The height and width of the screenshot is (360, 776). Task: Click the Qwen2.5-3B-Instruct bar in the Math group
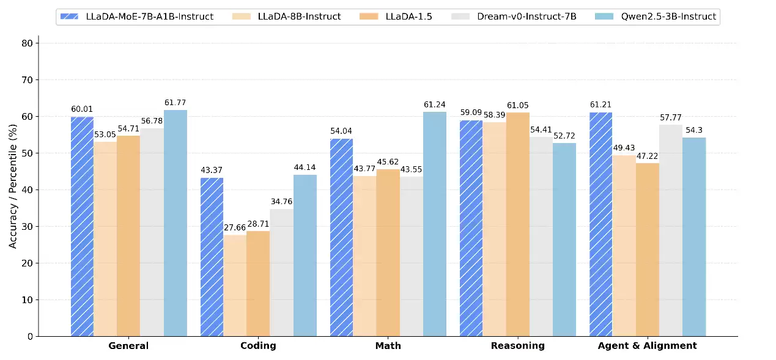click(x=435, y=224)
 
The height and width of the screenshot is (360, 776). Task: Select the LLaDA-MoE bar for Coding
click(x=212, y=257)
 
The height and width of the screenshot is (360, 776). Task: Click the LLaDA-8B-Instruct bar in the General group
click(x=105, y=239)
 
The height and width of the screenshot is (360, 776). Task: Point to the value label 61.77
click(x=176, y=103)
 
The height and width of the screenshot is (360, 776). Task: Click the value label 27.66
click(x=235, y=227)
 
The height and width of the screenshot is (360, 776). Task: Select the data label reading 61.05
click(x=517, y=105)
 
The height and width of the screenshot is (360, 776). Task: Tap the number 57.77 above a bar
click(x=670, y=117)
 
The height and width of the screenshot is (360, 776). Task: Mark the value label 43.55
click(x=412, y=169)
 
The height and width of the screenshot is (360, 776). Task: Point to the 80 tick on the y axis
click(x=27, y=43)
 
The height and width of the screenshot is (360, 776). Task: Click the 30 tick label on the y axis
click(x=27, y=227)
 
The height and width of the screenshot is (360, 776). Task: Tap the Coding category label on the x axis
click(x=258, y=346)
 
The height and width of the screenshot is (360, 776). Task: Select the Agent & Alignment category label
click(x=648, y=346)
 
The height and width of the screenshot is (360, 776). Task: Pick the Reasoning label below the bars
click(x=517, y=346)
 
